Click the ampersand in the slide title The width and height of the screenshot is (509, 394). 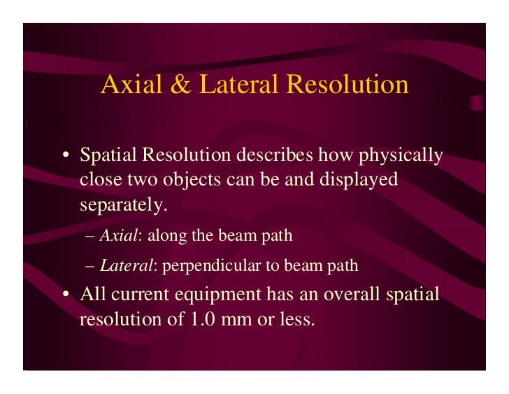point(178,85)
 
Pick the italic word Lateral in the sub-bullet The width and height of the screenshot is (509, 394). point(123,266)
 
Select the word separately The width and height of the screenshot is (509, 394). point(124,206)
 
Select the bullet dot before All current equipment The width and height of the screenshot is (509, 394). point(64,295)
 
